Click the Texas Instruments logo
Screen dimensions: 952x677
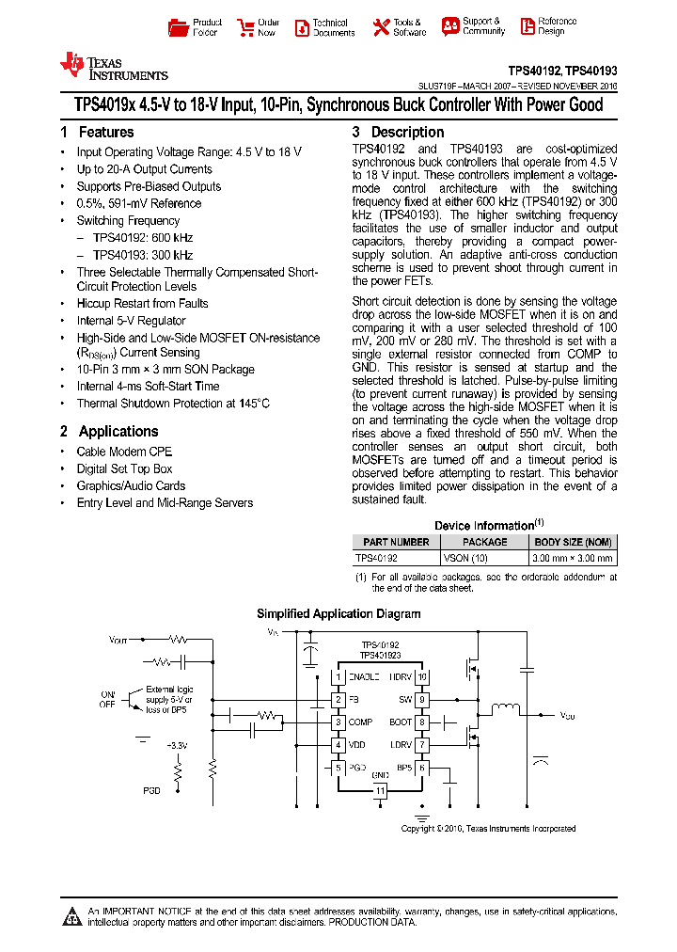coord(113,67)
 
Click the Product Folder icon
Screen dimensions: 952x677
coord(177,26)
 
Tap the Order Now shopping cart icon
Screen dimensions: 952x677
coord(245,26)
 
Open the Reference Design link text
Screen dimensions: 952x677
coord(557,26)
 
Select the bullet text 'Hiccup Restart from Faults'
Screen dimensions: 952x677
coord(142,304)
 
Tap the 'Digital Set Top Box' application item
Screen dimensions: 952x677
coord(124,468)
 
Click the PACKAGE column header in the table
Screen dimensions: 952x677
coord(485,542)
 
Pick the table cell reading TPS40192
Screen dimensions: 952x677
coord(376,558)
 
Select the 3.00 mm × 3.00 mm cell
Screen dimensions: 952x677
coord(573,558)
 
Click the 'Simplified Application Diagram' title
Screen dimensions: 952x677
coord(338,614)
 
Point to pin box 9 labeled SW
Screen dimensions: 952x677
coord(422,700)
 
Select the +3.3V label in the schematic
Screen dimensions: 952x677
coord(176,745)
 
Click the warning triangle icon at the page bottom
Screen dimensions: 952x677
coord(73,916)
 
